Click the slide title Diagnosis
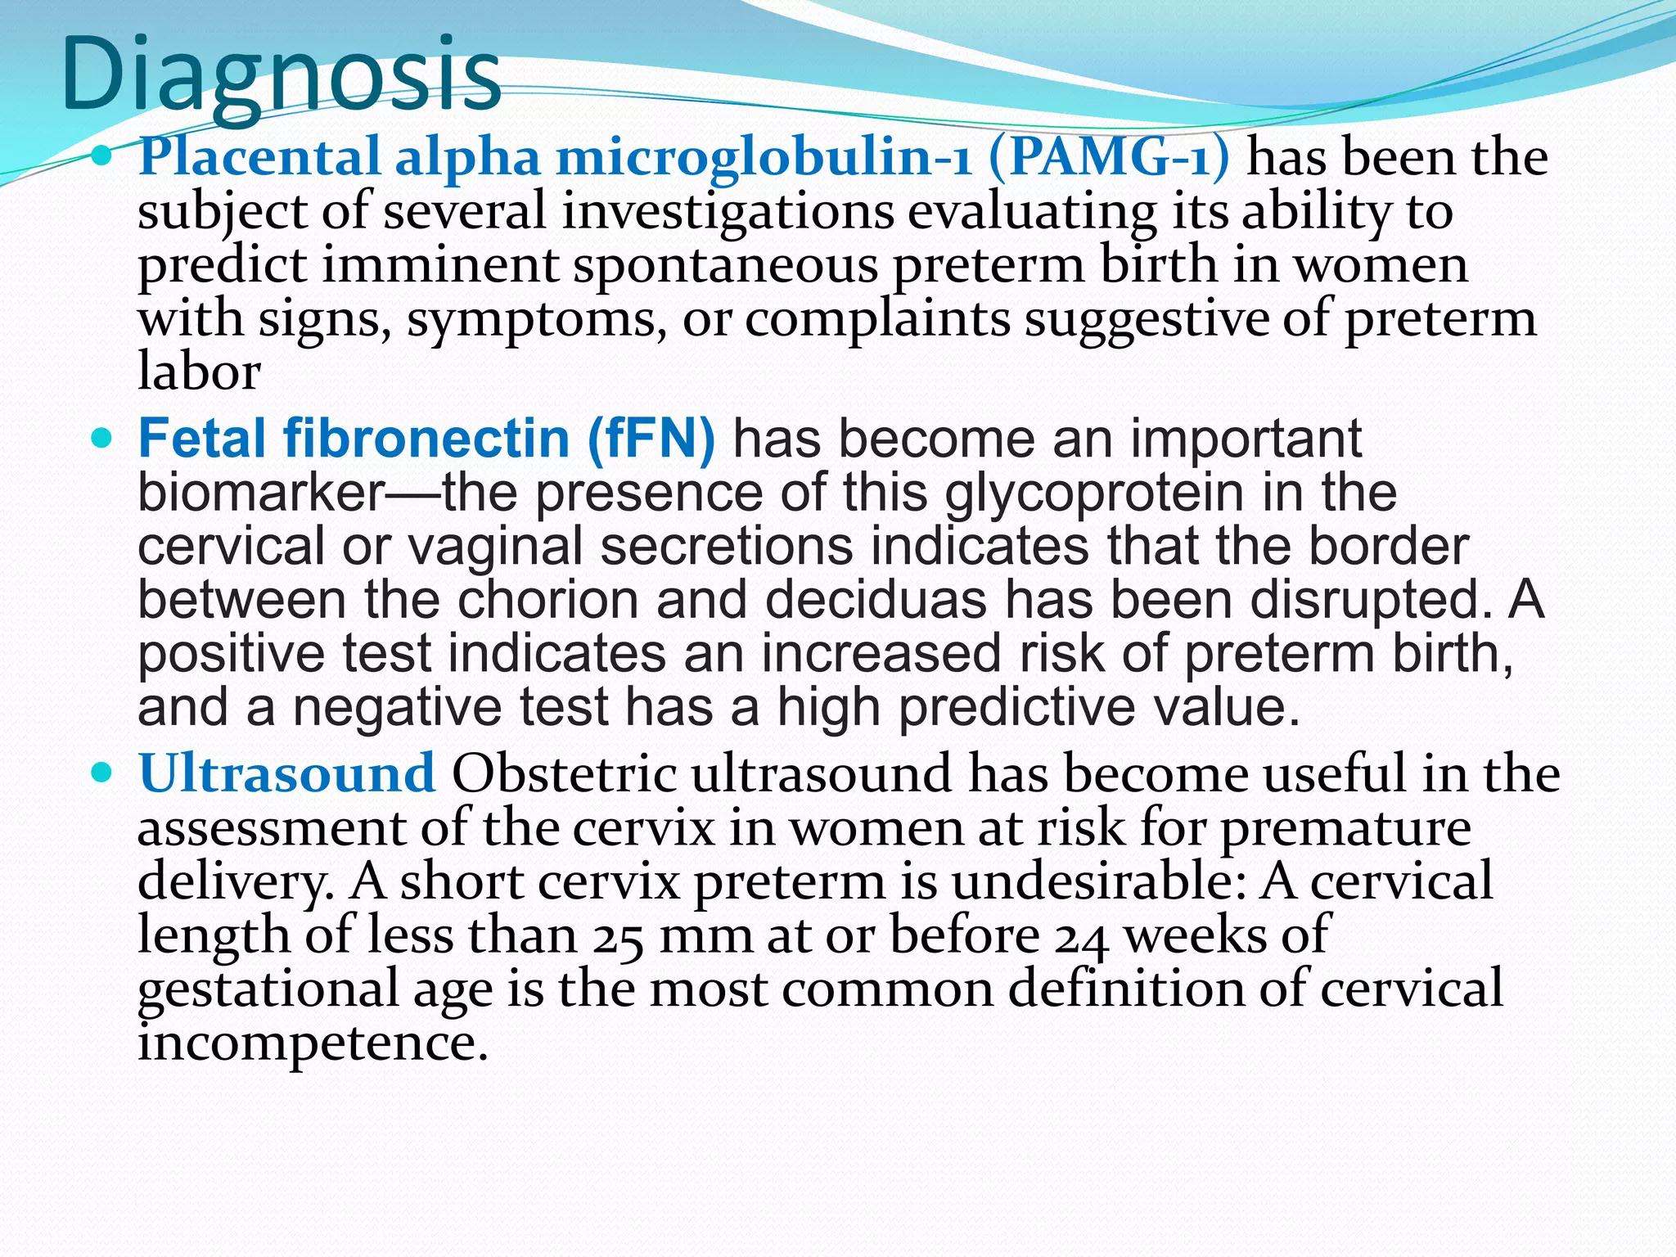(281, 76)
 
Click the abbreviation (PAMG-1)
(1109, 156)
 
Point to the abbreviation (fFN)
(651, 439)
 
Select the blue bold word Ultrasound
(286, 773)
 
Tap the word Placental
(259, 156)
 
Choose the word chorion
(547, 600)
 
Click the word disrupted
(1370, 600)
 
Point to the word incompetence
(312, 1043)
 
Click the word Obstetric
(564, 773)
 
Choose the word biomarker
(261, 493)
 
